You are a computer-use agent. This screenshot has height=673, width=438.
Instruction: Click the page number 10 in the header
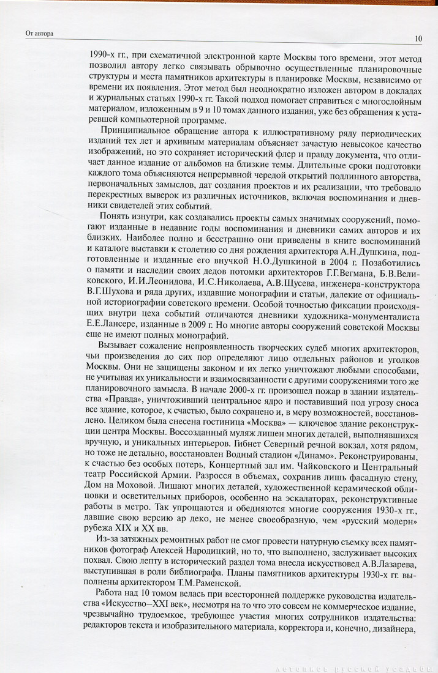pyautogui.click(x=418, y=39)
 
